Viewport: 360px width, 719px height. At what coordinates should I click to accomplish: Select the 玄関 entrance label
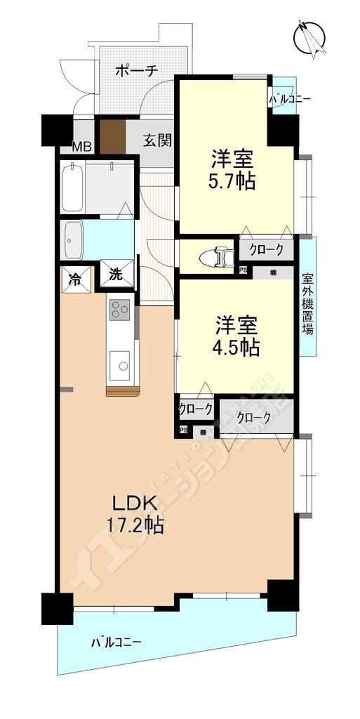click(158, 140)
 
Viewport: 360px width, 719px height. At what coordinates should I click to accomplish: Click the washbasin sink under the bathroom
click(73, 241)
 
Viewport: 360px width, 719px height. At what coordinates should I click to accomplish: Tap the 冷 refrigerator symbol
click(75, 275)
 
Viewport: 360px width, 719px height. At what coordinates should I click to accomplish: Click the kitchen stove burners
click(119, 309)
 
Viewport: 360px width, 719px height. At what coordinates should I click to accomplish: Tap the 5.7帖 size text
click(232, 182)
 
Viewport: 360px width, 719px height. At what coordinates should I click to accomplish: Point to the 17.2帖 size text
click(135, 525)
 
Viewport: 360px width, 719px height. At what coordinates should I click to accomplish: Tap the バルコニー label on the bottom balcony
click(116, 642)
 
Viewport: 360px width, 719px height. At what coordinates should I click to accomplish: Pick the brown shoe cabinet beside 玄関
click(111, 136)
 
